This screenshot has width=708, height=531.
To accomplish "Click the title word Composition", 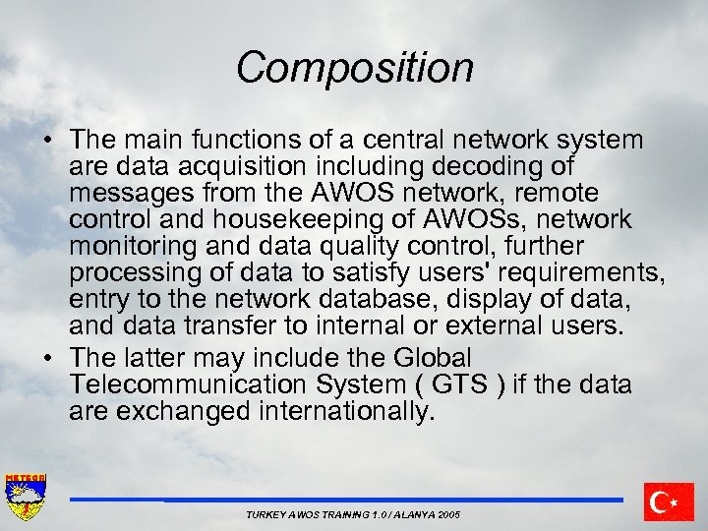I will pos(354,68).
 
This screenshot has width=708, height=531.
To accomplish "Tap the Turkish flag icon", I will pos(669,501).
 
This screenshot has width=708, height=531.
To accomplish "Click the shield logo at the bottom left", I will pos(26,499).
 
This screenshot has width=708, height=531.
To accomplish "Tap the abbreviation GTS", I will pos(459,384).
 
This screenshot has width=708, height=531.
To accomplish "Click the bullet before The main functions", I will pos(46,142).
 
